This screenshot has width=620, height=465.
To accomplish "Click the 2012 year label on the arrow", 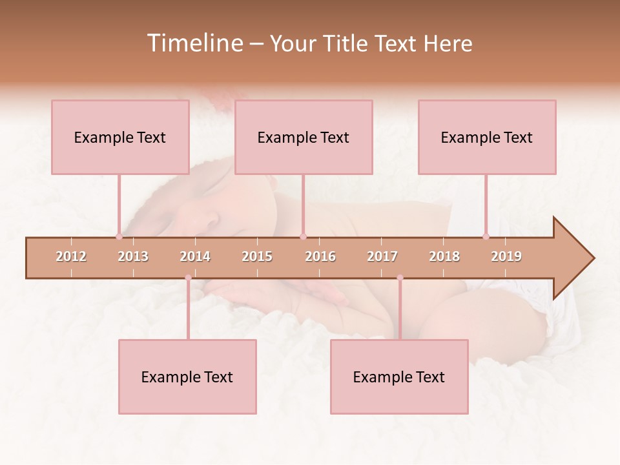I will pos(71,256).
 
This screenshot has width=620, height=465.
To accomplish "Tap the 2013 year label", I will pos(133,256).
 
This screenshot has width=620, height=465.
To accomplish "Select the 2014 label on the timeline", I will pos(195,256).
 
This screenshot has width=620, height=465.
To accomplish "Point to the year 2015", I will pos(257,256).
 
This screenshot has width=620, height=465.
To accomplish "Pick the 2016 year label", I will pos(320,256).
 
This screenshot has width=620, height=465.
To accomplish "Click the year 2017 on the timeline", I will pos(382,256).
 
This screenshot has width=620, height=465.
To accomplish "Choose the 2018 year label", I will pos(444,256).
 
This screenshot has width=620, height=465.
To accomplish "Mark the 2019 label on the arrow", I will pos(506,256).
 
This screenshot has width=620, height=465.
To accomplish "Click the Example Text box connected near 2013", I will pos(120,138).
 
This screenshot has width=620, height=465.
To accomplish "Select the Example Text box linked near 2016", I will pos(304,138).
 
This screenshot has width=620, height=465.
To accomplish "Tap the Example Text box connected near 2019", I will pos(487,138).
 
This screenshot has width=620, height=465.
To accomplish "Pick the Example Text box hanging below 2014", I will pos(187,377).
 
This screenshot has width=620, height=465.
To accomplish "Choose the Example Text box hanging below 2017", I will pos(399,377).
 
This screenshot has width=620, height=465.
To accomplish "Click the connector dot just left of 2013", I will pos(119,236).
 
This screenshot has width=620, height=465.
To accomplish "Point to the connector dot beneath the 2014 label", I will pos(188,278).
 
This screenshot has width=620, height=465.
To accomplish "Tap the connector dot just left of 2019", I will pos(486,236).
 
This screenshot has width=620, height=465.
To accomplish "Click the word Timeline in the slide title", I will pos(194,43).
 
